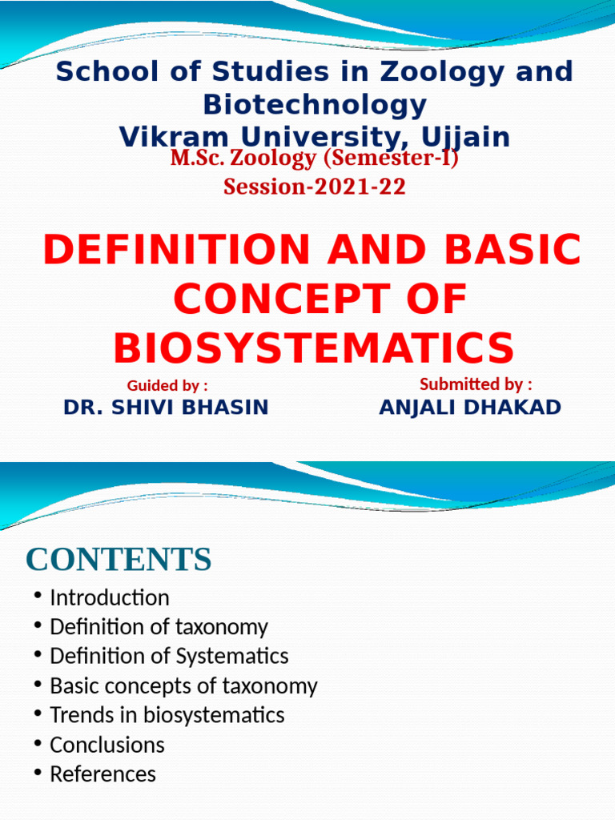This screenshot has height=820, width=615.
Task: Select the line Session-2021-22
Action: pyautogui.click(x=315, y=187)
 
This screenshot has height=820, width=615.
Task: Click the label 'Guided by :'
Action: pyautogui.click(x=168, y=386)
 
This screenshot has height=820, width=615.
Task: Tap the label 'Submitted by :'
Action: pyautogui.click(x=476, y=384)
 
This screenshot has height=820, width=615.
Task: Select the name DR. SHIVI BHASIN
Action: pyautogui.click(x=166, y=408)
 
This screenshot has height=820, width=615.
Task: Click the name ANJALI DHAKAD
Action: pyautogui.click(x=470, y=408)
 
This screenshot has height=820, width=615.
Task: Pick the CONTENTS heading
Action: pyautogui.click(x=119, y=559)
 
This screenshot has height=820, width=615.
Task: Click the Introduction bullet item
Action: pyautogui.click(x=109, y=598)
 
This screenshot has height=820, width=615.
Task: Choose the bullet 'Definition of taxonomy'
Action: pyautogui.click(x=159, y=627)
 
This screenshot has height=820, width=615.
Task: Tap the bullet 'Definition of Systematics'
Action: pyautogui.click(x=169, y=657)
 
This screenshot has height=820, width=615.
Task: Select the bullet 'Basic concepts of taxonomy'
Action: pyautogui.click(x=183, y=686)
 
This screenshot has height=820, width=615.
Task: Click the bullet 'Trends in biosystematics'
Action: pyautogui.click(x=167, y=715)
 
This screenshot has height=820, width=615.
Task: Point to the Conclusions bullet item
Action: pyautogui.click(x=107, y=745)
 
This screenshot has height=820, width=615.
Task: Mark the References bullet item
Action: pyautogui.click(x=102, y=774)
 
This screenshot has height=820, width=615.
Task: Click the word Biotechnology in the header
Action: pyautogui.click(x=315, y=104)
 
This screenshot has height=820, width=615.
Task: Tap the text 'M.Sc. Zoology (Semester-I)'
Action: pyautogui.click(x=315, y=159)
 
